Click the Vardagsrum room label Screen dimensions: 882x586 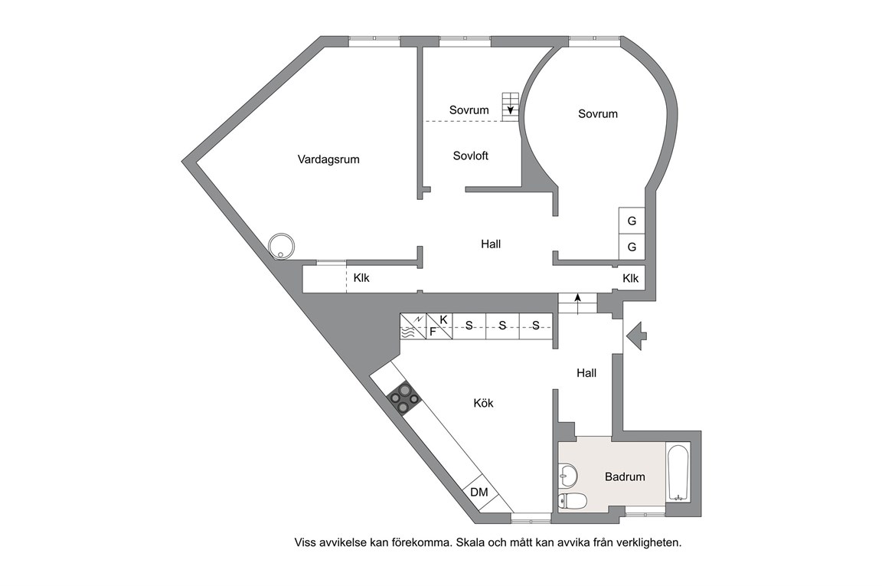click(328, 159)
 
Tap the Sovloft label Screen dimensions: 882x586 click(470, 156)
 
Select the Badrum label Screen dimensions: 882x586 click(625, 476)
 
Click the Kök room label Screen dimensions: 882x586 click(483, 403)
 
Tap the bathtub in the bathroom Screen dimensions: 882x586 click(678, 473)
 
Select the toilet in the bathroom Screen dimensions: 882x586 click(573, 500)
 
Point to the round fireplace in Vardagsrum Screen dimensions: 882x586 click(281, 246)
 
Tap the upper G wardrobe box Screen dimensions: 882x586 click(632, 221)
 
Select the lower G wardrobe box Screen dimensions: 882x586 click(632, 247)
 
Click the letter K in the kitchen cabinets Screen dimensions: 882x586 click(443, 319)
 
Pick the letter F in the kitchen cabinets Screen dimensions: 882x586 click(433, 332)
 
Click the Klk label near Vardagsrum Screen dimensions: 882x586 click(361, 278)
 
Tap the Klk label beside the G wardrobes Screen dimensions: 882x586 click(631, 278)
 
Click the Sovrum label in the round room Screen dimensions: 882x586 click(598, 113)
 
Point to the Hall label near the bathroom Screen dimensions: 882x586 click(586, 372)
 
